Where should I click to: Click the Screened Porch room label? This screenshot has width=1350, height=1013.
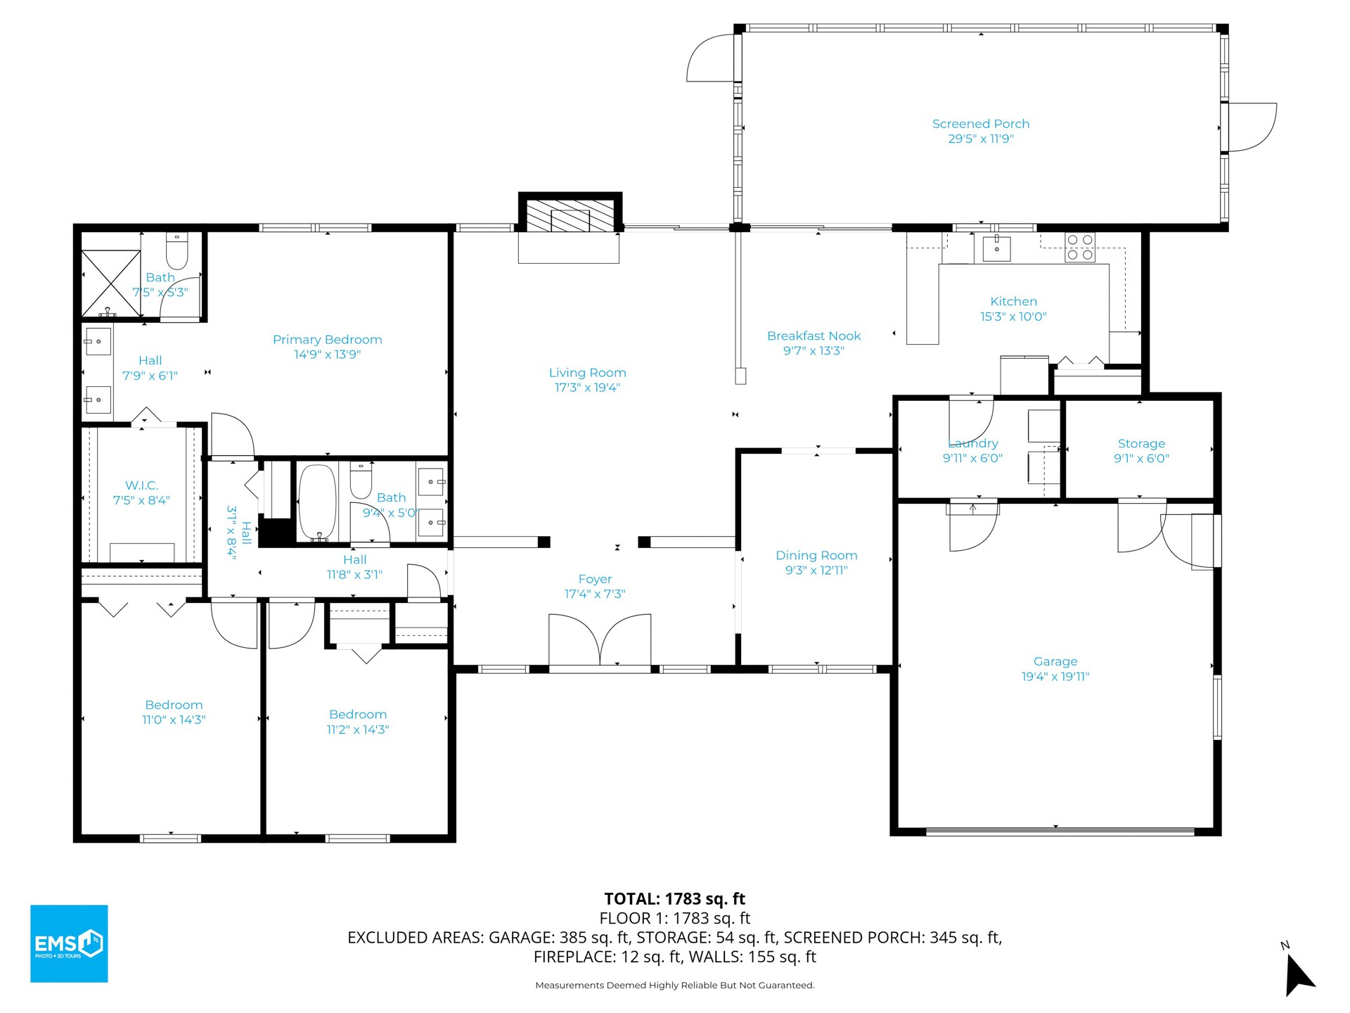click(980, 124)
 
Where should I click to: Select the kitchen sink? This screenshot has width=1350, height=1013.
click(996, 248)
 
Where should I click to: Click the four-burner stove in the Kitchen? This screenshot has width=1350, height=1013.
click(1080, 247)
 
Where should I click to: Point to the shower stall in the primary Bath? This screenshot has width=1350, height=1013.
click(111, 283)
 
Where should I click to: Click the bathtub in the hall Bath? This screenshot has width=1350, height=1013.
click(318, 502)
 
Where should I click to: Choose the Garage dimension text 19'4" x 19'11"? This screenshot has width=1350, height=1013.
click(1055, 677)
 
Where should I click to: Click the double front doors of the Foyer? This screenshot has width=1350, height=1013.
click(600, 639)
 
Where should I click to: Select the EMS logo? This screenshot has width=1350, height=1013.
click(69, 943)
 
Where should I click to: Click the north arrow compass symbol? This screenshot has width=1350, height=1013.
click(1298, 973)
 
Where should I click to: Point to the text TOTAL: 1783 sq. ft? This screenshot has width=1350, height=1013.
click(675, 898)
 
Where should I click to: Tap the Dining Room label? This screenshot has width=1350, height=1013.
click(816, 555)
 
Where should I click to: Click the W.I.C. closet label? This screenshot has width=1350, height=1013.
click(141, 485)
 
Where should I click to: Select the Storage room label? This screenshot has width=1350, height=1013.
click(1141, 444)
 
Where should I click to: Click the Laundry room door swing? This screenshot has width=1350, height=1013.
click(972, 420)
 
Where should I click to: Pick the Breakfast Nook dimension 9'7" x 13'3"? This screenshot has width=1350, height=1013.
click(814, 351)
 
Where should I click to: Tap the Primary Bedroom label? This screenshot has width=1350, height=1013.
click(327, 340)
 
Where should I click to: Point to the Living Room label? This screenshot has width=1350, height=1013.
click(587, 373)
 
